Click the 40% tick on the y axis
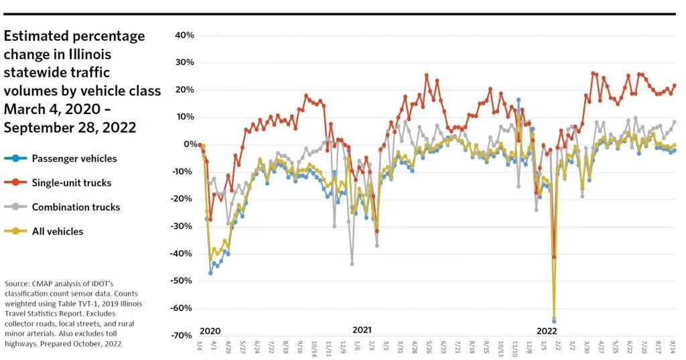pos(183,36)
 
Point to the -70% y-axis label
pos(182,335)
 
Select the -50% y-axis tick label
pos(182,281)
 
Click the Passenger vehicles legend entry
pos(74,159)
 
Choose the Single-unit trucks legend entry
pos(71,183)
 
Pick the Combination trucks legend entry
pos(76,207)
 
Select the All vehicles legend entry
pos(58,231)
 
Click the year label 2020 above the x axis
pos(210,331)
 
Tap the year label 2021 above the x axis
pos(362,330)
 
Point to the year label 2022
pos(547,331)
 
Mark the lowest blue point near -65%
pos(554,321)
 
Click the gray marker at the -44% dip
pos(352,264)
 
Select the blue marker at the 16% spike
pos(518,100)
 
